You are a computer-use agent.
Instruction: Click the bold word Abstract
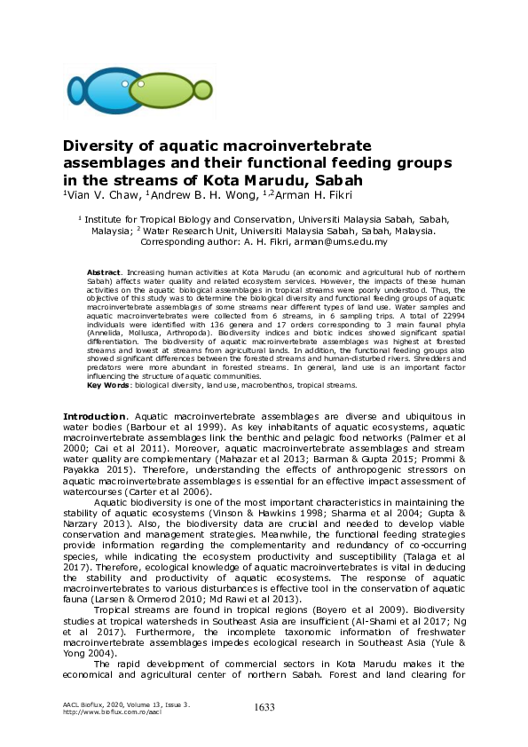[104, 270]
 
